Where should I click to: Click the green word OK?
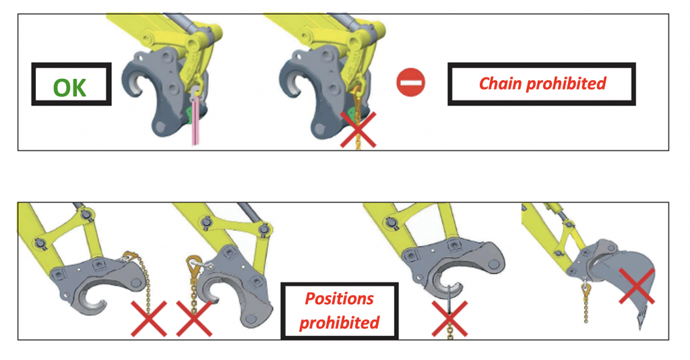pyautogui.click(x=69, y=88)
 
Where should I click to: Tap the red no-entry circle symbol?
pyautogui.click(x=410, y=82)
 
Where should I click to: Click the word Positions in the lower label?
pyautogui.click(x=340, y=299)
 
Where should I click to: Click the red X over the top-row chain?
pyautogui.click(x=358, y=129)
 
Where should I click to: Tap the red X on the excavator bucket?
pyautogui.click(x=636, y=286)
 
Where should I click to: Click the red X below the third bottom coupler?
pyautogui.click(x=449, y=319)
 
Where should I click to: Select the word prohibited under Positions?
pyautogui.click(x=340, y=323)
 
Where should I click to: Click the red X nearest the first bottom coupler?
pyautogui.click(x=149, y=319)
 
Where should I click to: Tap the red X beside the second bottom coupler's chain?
pyautogui.click(x=194, y=319)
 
